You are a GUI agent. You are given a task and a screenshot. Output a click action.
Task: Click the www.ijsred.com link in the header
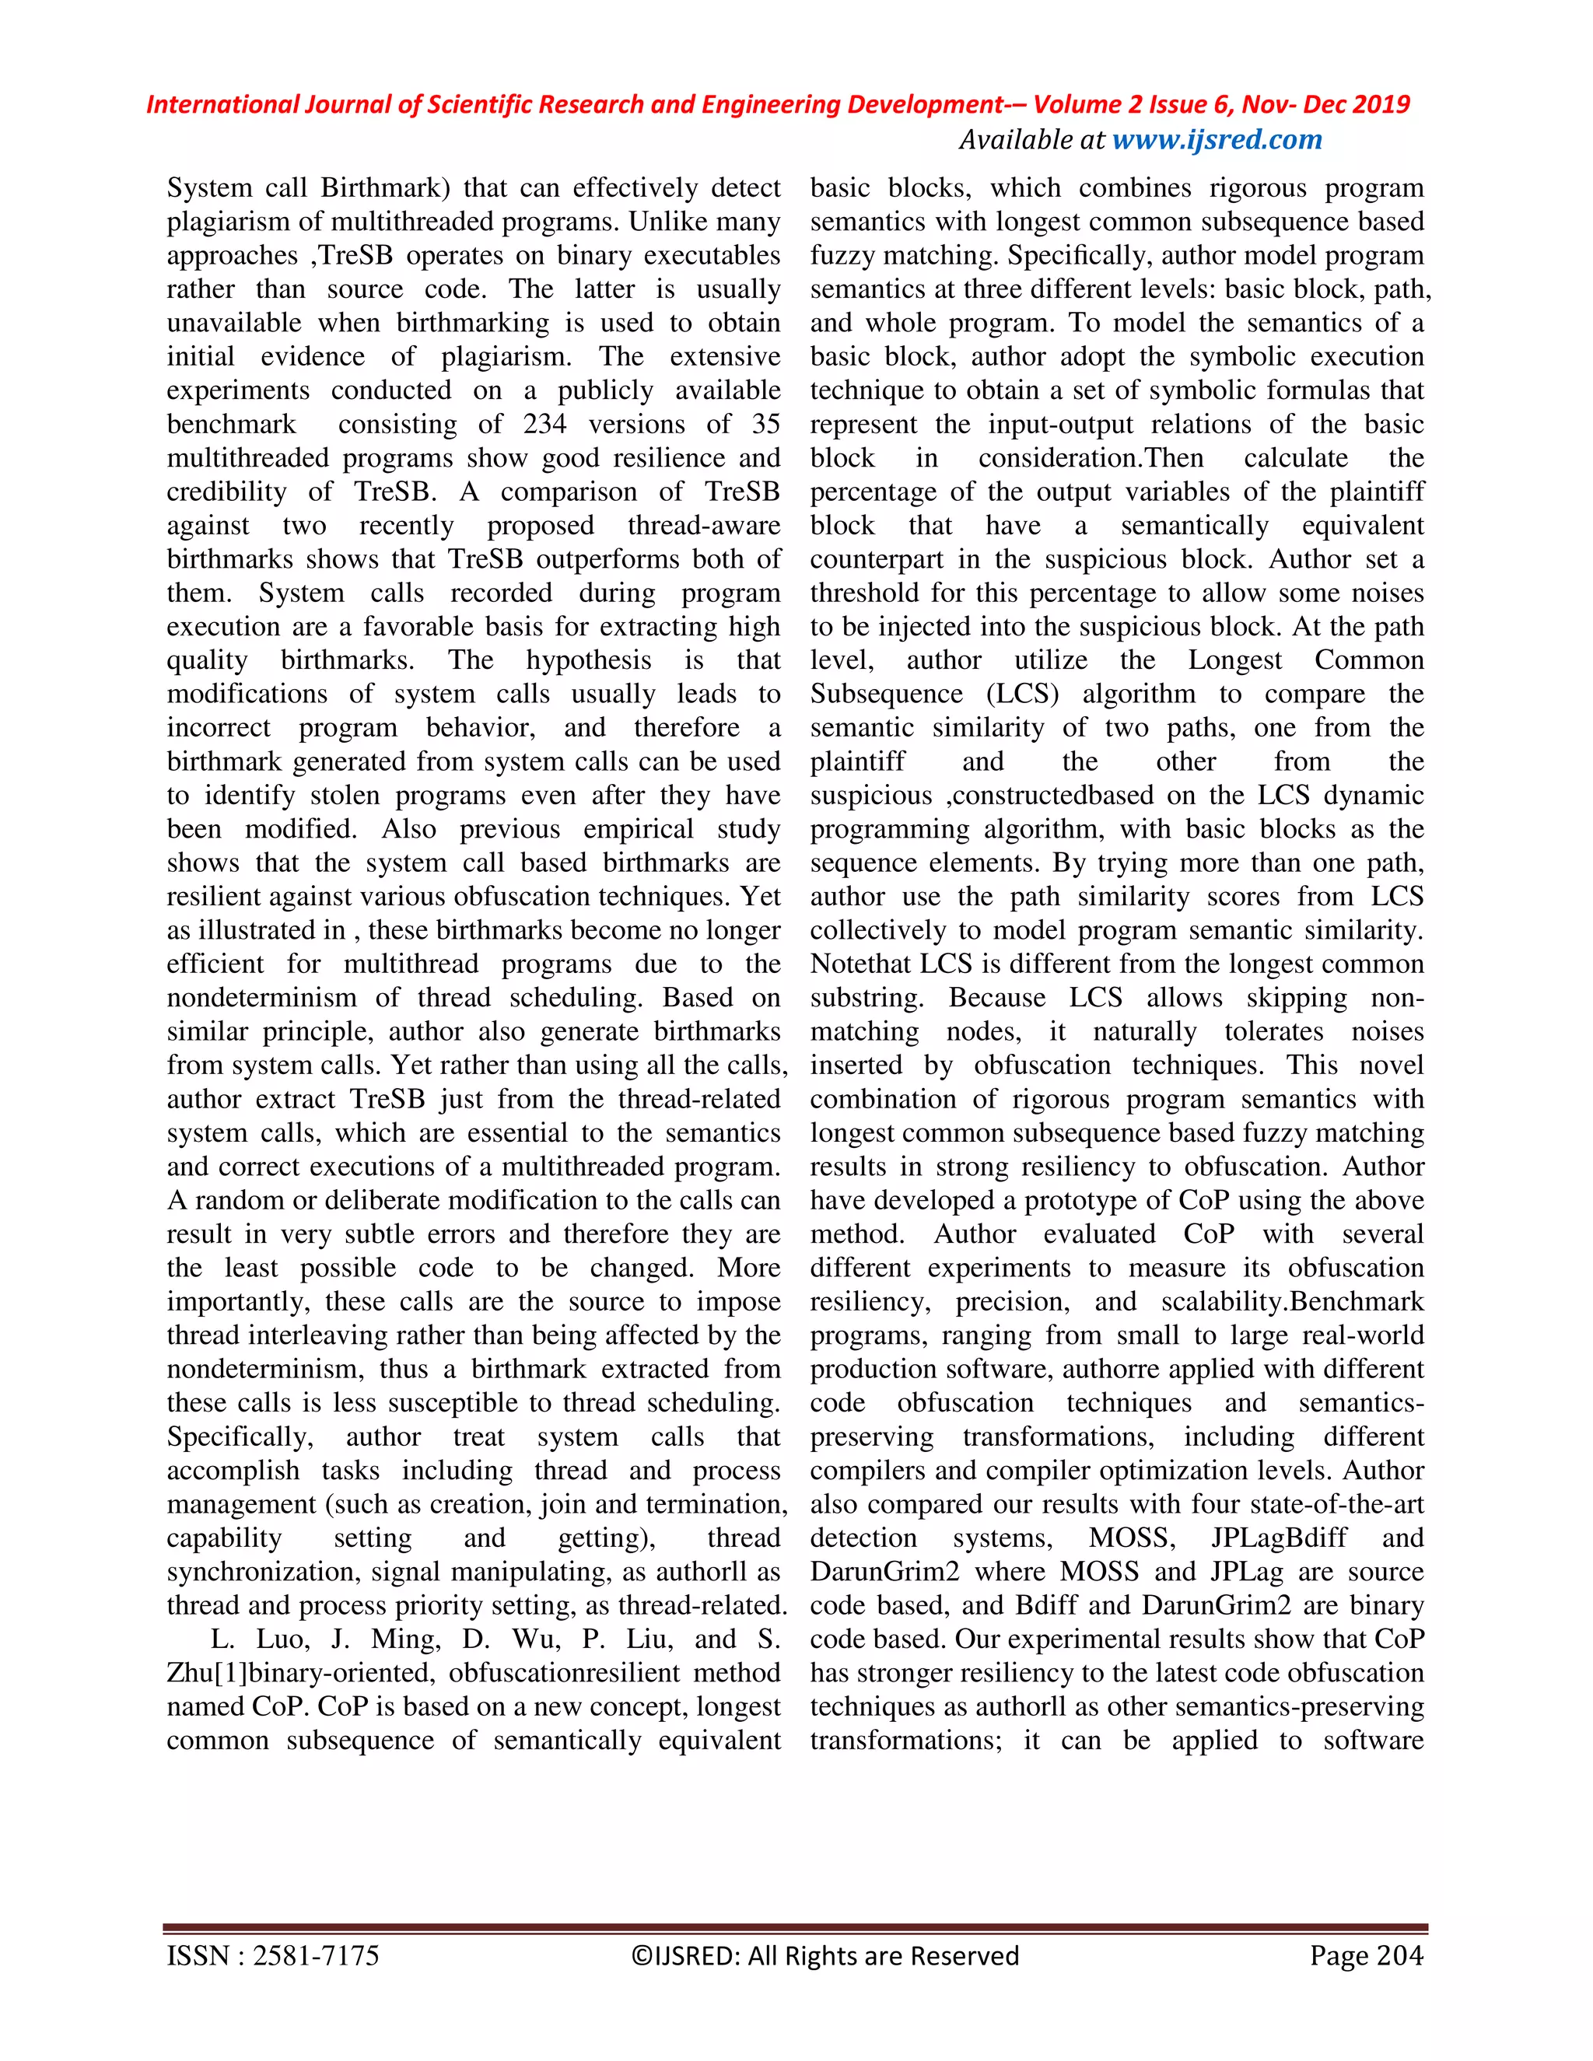click(1217, 140)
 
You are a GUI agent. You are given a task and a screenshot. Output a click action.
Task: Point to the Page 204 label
click(1366, 1956)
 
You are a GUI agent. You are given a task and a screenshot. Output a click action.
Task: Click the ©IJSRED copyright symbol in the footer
click(639, 1956)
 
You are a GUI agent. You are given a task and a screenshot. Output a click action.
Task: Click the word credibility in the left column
click(226, 492)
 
